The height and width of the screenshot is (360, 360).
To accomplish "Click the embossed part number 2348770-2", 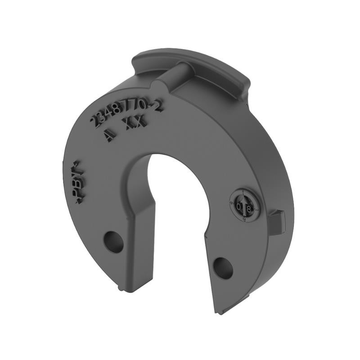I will point(126,113).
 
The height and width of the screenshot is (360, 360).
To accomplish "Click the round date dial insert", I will point(244,206).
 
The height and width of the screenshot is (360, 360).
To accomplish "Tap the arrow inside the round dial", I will point(244,199).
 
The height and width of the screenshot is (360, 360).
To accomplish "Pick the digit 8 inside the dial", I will point(248,208).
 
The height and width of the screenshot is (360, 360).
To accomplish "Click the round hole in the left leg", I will point(113,242).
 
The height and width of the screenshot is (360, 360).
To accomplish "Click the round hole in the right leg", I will point(223,268).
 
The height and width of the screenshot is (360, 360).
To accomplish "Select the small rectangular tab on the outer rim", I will point(278,221).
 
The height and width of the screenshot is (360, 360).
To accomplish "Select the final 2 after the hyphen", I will point(157,106).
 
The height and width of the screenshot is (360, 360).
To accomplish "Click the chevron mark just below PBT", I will point(77,201).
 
